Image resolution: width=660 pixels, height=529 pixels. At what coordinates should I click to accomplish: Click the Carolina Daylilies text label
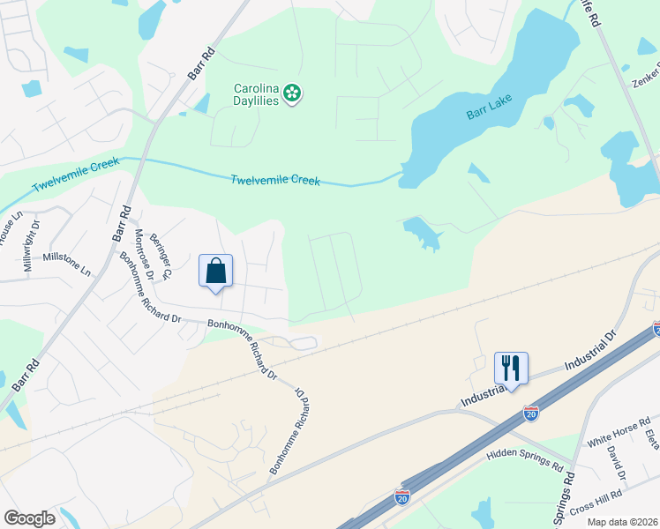[255, 94]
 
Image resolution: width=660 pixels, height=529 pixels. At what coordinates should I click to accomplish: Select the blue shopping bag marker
[215, 272]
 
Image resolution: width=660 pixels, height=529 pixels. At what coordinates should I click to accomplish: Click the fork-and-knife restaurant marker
[511, 367]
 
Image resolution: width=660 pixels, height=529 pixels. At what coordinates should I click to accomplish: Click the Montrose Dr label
[144, 255]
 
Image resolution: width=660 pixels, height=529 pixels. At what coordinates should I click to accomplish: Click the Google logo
[29, 518]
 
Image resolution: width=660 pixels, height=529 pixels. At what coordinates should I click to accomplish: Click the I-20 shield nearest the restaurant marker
[530, 412]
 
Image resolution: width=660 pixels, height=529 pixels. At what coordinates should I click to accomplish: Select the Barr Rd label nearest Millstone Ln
[121, 225]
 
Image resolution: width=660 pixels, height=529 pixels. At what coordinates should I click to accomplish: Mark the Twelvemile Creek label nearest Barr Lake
[274, 180]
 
